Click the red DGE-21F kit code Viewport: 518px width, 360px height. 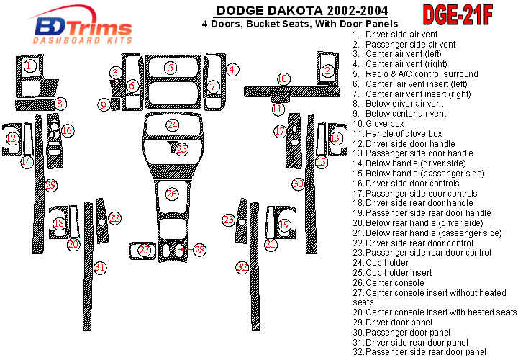[x=458, y=15]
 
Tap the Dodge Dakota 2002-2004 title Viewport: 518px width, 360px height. [x=302, y=11]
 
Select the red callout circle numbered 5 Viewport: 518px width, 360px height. [x=171, y=68]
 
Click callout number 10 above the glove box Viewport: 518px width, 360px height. [x=283, y=79]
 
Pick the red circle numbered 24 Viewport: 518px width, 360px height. [x=172, y=125]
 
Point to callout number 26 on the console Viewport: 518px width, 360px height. [x=172, y=194]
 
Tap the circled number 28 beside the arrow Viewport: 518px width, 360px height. [x=199, y=250]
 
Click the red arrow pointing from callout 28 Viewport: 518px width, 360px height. [x=186, y=250]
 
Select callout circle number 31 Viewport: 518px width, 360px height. [x=100, y=267]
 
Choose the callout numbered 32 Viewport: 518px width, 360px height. [x=242, y=267]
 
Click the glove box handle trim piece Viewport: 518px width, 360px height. [x=280, y=98]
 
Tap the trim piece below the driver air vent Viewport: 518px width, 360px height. [x=35, y=104]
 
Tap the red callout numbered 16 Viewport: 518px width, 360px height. [x=67, y=130]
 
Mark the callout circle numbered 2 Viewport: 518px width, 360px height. [x=328, y=71]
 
